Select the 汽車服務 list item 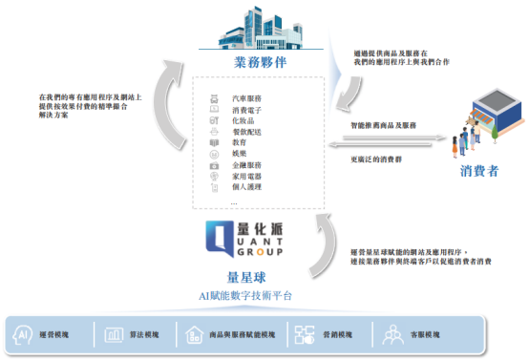[245, 98]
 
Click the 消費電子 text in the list [245, 110]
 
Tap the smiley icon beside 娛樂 [214, 154]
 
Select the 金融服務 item [245, 165]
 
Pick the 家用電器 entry [245, 177]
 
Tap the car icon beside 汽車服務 [214, 98]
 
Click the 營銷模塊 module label [343, 335]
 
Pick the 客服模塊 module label [426, 335]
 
